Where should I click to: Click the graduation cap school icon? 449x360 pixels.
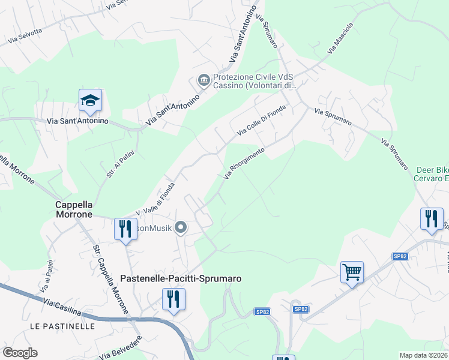click(x=90, y=101)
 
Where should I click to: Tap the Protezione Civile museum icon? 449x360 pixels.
click(x=203, y=80)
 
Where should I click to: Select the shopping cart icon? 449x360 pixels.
click(x=352, y=272)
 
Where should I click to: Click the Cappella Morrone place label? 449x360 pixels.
click(x=74, y=209)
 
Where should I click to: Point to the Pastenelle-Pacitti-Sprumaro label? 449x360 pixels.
click(x=181, y=278)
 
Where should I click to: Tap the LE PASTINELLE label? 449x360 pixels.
click(x=62, y=326)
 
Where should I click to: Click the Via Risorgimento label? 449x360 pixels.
click(x=244, y=163)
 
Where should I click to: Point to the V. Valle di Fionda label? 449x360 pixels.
click(x=155, y=199)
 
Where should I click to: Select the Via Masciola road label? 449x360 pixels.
click(x=340, y=40)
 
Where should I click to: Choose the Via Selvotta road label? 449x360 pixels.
click(x=25, y=36)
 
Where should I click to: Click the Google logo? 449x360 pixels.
click(x=20, y=352)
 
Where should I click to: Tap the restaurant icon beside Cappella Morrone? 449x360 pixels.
click(x=125, y=229)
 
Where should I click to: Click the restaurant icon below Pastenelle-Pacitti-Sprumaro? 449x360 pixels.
click(x=173, y=299)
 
